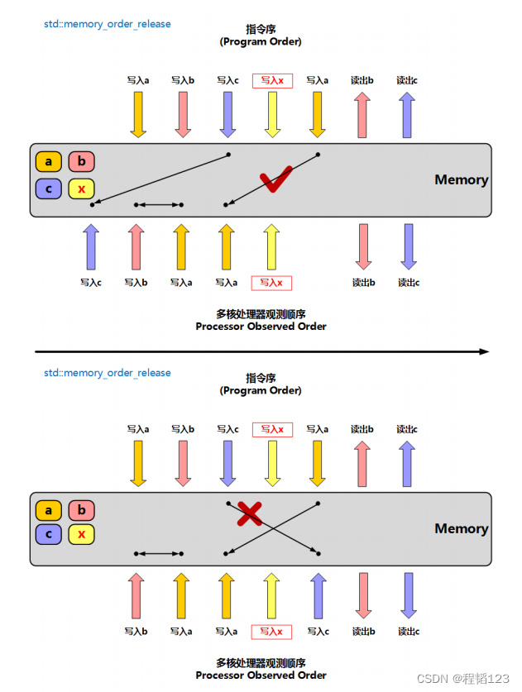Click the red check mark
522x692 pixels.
[275, 179]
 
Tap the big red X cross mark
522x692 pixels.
[250, 513]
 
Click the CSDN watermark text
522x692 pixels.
[462, 678]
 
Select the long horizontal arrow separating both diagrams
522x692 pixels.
[262, 351]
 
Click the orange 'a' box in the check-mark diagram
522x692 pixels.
[49, 161]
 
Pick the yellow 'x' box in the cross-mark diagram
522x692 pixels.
[81, 534]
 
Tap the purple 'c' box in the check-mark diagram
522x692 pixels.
[49, 189]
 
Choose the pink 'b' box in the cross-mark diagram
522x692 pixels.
[81, 510]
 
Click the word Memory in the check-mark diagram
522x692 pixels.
[461, 179]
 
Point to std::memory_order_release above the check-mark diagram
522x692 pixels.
[108, 24]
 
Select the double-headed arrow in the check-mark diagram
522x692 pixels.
[159, 205]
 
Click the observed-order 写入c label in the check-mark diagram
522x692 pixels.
[91, 283]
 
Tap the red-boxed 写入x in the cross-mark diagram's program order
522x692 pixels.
[272, 429]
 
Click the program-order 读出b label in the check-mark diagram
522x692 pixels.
[362, 80]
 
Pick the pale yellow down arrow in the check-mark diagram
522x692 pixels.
[272, 115]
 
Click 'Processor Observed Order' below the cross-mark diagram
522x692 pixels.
[261, 675]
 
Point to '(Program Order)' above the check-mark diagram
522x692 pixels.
[261, 41]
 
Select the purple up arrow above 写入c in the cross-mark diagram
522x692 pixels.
[318, 596]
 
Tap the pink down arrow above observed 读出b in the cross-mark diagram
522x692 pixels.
[363, 596]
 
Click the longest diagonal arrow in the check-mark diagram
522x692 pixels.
[160, 179]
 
